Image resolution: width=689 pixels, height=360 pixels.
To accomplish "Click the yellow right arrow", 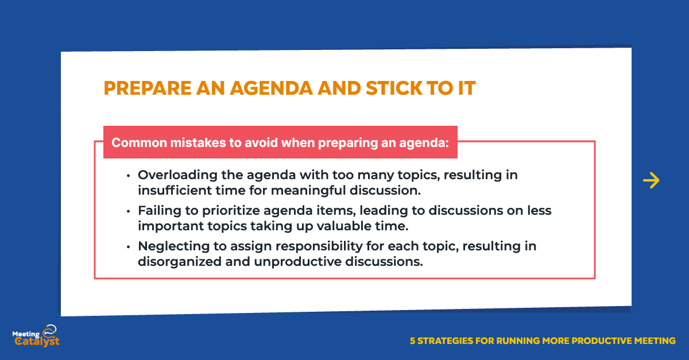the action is click(651, 180).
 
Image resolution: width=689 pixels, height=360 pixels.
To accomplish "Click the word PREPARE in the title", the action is click(148, 88).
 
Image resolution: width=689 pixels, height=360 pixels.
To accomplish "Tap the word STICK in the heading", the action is click(394, 88).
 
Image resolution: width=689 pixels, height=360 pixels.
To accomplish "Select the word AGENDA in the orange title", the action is click(271, 88).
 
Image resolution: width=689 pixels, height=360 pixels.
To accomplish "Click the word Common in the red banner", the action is click(139, 143).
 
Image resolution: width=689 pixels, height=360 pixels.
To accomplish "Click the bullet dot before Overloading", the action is click(128, 176).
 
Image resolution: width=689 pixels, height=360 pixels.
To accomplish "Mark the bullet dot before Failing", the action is click(128, 211).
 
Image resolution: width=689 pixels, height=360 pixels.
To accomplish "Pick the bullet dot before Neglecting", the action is click(128, 247).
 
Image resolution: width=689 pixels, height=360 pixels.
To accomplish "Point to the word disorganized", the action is click(180, 262).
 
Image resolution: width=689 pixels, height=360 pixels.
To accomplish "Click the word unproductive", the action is click(298, 262).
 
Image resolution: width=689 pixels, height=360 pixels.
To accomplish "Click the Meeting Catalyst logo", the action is click(36, 336).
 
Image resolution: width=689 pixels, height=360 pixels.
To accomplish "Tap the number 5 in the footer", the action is click(412, 341).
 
